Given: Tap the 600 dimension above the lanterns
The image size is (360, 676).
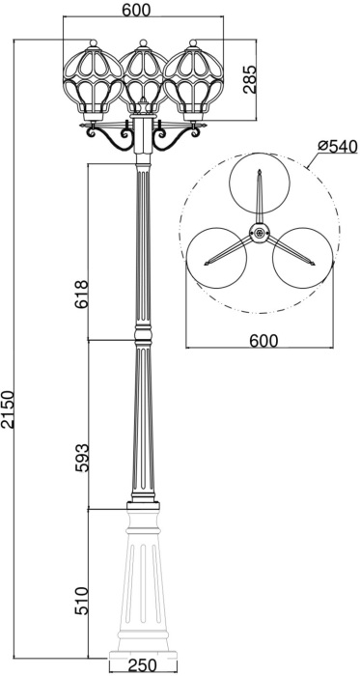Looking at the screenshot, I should click(x=143, y=12).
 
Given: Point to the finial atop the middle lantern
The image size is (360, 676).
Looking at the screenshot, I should click(x=143, y=42).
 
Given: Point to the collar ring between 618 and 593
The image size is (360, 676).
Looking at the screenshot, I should click(x=143, y=335).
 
